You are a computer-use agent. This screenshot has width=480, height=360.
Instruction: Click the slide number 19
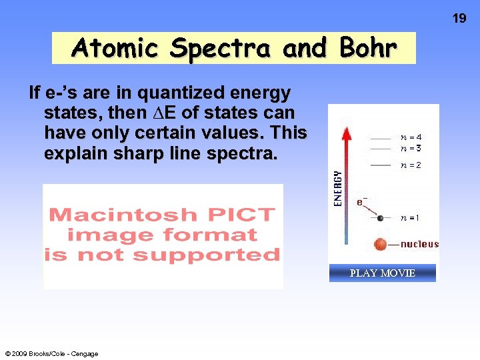[x=459, y=19]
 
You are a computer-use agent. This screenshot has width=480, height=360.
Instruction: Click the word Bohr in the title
[x=368, y=48]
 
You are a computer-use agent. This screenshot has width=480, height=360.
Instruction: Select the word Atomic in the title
[x=116, y=48]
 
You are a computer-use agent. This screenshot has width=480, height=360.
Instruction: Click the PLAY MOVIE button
[x=383, y=273]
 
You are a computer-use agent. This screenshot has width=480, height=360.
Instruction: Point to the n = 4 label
[x=411, y=138]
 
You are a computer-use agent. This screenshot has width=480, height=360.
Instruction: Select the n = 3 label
[x=411, y=148]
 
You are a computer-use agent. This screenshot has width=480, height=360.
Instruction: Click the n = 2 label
[x=411, y=165]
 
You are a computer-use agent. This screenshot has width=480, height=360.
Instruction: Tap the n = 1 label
[x=410, y=218]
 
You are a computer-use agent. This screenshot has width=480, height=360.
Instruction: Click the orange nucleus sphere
[x=381, y=244]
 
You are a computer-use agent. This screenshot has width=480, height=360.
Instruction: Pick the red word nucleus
[x=419, y=244]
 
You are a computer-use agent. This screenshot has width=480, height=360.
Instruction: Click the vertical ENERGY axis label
[x=338, y=187]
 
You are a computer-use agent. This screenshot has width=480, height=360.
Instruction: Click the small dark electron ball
[x=380, y=218]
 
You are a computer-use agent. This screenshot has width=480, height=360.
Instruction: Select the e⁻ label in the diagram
[x=361, y=201]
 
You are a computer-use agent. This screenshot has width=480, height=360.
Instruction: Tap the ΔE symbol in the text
[x=155, y=113]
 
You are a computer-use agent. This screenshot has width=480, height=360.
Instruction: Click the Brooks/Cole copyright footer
[x=51, y=354]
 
